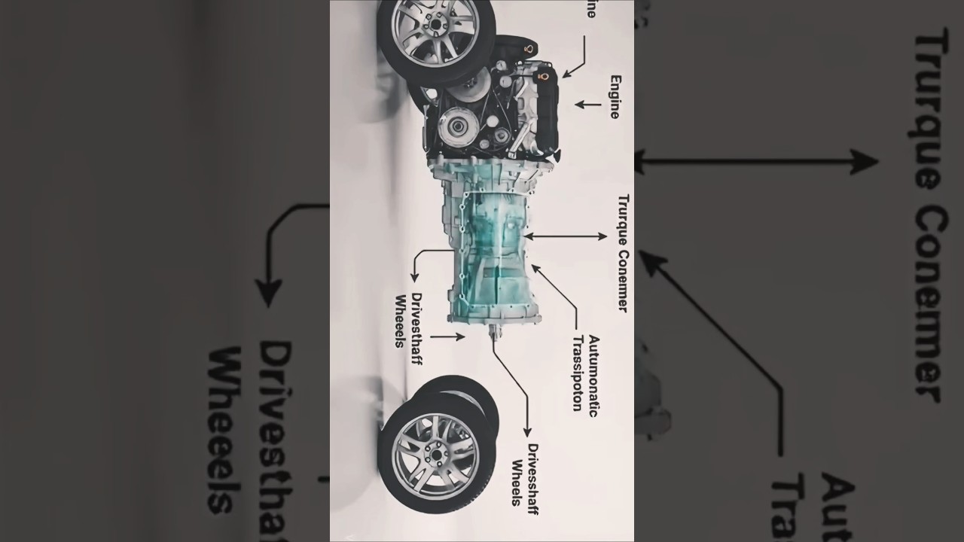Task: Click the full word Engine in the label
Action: pyautogui.click(x=615, y=96)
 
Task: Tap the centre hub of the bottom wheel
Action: pyautogui.click(x=435, y=454)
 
